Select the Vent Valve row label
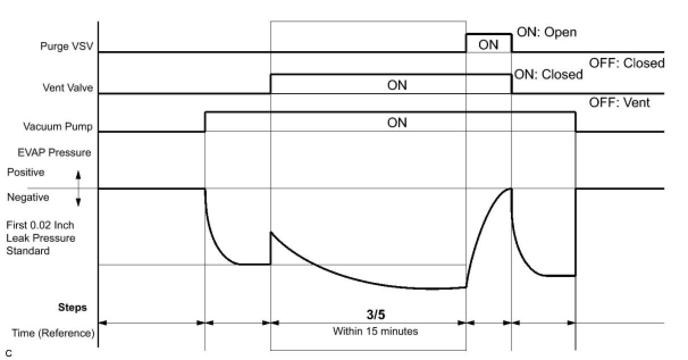tap(68, 88)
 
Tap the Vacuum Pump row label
tap(57, 126)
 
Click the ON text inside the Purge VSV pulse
tap(488, 44)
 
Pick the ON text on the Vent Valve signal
tap(397, 85)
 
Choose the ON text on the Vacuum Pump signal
tap(397, 123)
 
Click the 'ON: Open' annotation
tap(546, 32)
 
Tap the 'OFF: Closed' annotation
tap(627, 63)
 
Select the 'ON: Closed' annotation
tap(548, 74)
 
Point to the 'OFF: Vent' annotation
tap(620, 103)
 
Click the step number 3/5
tap(375, 315)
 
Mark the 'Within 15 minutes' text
tap(375, 331)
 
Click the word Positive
tap(25, 171)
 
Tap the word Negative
tap(28, 198)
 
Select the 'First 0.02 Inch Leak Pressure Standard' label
tap(40, 238)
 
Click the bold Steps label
tap(73, 308)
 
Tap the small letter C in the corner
tap(8, 353)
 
